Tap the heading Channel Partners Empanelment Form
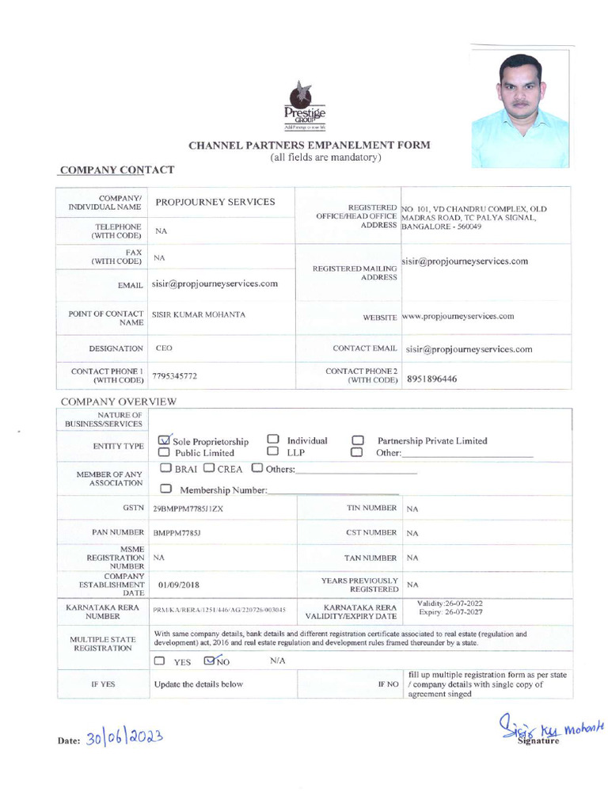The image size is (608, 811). (x=310, y=145)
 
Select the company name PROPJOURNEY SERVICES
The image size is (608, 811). (x=215, y=202)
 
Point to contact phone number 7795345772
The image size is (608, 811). (x=175, y=376)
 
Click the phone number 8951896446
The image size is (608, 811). (x=431, y=379)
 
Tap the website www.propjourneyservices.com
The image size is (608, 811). (x=458, y=316)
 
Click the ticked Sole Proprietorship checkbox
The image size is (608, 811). (x=165, y=440)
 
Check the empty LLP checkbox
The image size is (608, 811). (x=272, y=452)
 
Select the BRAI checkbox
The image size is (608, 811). (x=165, y=468)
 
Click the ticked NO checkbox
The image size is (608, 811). (x=210, y=659)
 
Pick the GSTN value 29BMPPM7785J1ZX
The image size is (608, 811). (x=188, y=508)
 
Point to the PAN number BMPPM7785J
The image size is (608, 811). (x=177, y=534)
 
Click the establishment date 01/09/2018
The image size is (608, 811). (x=178, y=584)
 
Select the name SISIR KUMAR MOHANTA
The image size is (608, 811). (x=199, y=314)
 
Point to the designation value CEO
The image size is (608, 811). (x=164, y=348)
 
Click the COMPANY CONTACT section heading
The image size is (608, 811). (x=117, y=169)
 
